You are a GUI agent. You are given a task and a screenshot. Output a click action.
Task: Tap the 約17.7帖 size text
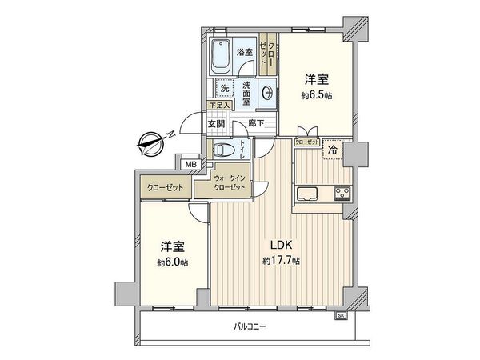[281, 261]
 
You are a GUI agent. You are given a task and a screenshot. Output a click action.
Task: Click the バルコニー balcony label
[250, 326]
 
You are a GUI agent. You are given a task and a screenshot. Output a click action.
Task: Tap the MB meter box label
[190, 165]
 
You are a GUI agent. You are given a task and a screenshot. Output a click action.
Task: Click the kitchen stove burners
[342, 193]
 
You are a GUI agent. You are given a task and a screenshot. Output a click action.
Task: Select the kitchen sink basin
[309, 193]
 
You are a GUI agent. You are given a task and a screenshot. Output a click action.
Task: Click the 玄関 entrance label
[216, 124]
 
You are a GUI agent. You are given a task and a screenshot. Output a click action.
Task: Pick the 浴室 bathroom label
[244, 53]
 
